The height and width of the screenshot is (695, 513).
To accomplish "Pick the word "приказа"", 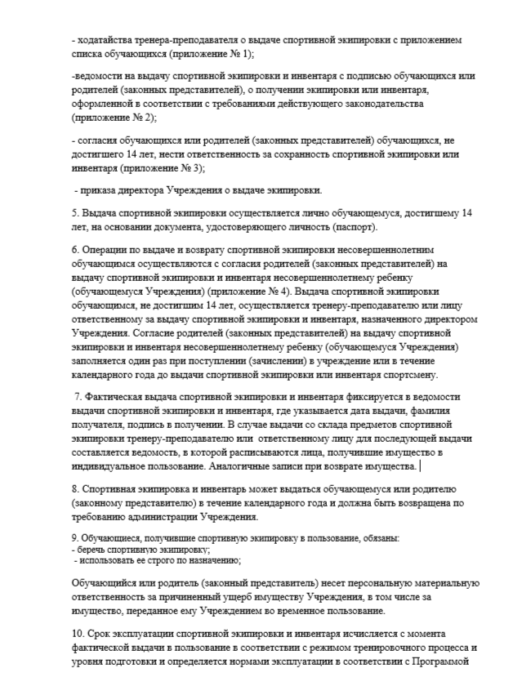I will coord(96,190).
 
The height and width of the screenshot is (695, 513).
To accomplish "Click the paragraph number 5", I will coord(74,213).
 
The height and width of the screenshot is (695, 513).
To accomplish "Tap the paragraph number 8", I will coord(74,489).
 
